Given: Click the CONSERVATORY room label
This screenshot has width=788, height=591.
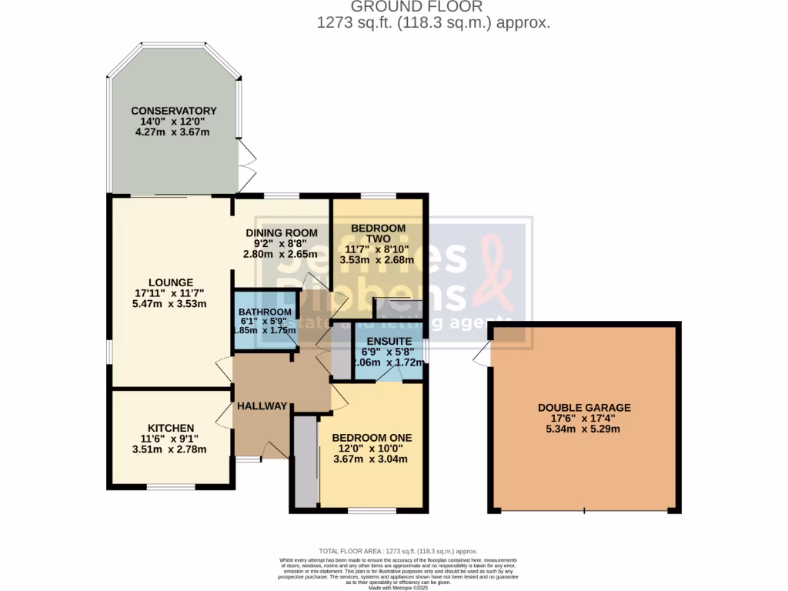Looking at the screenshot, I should click(x=173, y=111).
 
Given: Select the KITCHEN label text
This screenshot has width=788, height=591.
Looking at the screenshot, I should click(x=171, y=428).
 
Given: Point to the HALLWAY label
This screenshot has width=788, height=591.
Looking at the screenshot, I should click(x=262, y=406).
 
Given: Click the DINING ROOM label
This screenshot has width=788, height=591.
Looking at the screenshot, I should click(x=282, y=233).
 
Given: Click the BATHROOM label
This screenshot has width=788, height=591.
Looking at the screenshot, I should click(x=265, y=312).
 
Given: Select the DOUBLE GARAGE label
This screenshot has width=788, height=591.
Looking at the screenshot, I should click(x=584, y=408).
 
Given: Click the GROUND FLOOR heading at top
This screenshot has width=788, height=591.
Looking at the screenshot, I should click(x=433, y=7).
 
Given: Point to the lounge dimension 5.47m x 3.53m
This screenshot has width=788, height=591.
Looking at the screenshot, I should click(x=170, y=304).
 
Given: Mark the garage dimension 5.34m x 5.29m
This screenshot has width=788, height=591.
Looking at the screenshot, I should click(x=584, y=429).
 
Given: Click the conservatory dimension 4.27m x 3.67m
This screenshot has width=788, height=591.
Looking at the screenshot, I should click(x=173, y=132).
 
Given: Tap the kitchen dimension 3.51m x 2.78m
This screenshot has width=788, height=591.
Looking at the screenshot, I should click(x=170, y=449).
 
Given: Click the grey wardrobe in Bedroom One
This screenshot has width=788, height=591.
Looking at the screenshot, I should click(x=306, y=462).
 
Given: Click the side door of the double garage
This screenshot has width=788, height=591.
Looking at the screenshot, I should click(x=482, y=353).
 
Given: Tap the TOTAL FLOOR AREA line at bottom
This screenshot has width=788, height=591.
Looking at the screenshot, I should click(x=398, y=551).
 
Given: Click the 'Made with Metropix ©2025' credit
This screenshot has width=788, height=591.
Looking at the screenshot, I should click(x=398, y=588).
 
